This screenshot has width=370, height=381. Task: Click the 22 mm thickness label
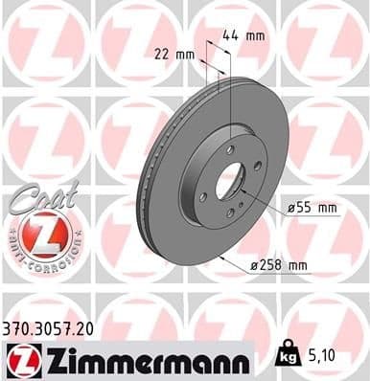click(173, 54)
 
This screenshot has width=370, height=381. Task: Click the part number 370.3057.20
click(50, 328)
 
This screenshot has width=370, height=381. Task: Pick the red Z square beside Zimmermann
click(19, 359)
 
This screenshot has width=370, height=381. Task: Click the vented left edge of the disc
click(149, 182)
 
